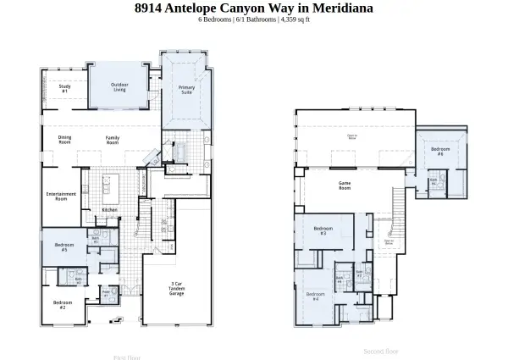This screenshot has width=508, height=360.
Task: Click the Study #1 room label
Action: pyautogui.click(x=64, y=88)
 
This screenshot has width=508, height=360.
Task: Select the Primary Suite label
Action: pyautogui.click(x=185, y=90)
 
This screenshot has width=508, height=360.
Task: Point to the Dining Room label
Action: pyautogui.click(x=64, y=139)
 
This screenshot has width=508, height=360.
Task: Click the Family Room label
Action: pyautogui.click(x=112, y=139)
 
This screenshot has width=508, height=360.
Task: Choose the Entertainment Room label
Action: pyautogui.click(x=61, y=196)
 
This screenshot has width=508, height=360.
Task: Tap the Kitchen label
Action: pyautogui.click(x=109, y=209)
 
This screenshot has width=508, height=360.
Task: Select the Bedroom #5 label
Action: pyautogui.click(x=62, y=247)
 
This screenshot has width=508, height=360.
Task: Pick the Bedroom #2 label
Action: pyautogui.click(x=61, y=304)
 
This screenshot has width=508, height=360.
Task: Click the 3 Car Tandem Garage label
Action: pyautogui.click(x=176, y=288)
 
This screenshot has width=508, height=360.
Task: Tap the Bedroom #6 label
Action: pyautogui.click(x=440, y=152)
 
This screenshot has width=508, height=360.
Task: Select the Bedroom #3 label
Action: pyautogui.click(x=323, y=230)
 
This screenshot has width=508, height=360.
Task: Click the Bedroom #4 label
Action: pyautogui.click(x=316, y=296)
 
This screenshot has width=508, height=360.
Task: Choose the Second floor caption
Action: pyautogui.click(x=380, y=350)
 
